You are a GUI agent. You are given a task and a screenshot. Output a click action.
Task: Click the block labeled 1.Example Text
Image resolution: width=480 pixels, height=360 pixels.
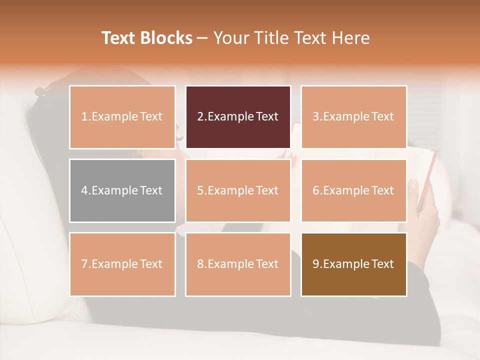[122, 117]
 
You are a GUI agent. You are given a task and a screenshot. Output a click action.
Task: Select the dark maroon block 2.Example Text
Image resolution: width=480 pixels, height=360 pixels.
[238, 117]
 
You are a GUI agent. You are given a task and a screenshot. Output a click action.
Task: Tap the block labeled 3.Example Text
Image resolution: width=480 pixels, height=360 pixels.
[353, 117]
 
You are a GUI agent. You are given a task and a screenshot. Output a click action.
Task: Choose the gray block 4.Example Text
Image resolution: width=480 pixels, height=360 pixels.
[122, 190]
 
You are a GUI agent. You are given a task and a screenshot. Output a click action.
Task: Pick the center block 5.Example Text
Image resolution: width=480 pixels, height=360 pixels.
[238, 190]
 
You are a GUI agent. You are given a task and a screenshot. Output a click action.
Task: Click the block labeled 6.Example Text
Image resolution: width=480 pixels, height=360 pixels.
[353, 190]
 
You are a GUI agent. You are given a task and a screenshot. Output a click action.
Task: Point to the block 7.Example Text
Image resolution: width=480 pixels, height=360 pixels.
[122, 264]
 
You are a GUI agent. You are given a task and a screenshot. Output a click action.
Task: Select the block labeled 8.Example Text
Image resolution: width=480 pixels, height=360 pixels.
[238, 264]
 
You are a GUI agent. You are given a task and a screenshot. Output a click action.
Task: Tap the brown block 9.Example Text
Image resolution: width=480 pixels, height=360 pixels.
[353, 264]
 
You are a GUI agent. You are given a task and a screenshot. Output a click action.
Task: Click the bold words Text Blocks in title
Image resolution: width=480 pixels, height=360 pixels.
[147, 38]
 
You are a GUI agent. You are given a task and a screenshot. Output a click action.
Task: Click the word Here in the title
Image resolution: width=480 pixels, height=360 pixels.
[349, 38]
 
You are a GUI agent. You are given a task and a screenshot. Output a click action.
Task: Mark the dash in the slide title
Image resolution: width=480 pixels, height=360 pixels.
[203, 38]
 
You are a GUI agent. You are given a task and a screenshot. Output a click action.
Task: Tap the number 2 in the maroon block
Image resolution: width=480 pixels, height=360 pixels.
[200, 117]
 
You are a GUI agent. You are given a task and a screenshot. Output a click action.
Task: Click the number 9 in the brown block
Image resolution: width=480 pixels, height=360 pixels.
[316, 264]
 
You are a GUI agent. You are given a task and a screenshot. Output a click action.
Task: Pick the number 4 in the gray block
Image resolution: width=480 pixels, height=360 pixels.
[84, 190]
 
